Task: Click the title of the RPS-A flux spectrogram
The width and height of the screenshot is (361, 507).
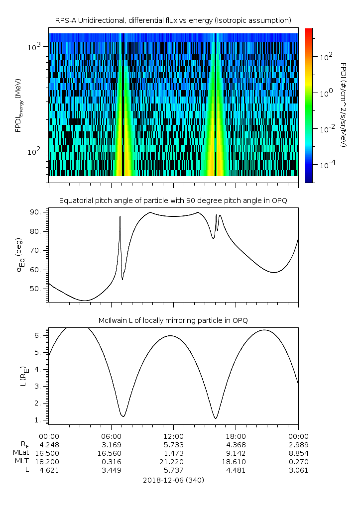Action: click(x=173, y=20)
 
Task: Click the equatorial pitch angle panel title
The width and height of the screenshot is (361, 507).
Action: click(x=173, y=201)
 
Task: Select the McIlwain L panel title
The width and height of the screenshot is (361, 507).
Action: click(x=173, y=320)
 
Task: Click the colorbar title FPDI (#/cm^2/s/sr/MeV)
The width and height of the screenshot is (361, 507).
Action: click(x=344, y=104)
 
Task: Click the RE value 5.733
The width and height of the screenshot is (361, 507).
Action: click(x=173, y=444)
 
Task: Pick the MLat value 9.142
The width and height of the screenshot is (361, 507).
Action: click(x=236, y=453)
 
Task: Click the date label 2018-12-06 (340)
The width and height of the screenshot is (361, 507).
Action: click(x=173, y=480)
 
